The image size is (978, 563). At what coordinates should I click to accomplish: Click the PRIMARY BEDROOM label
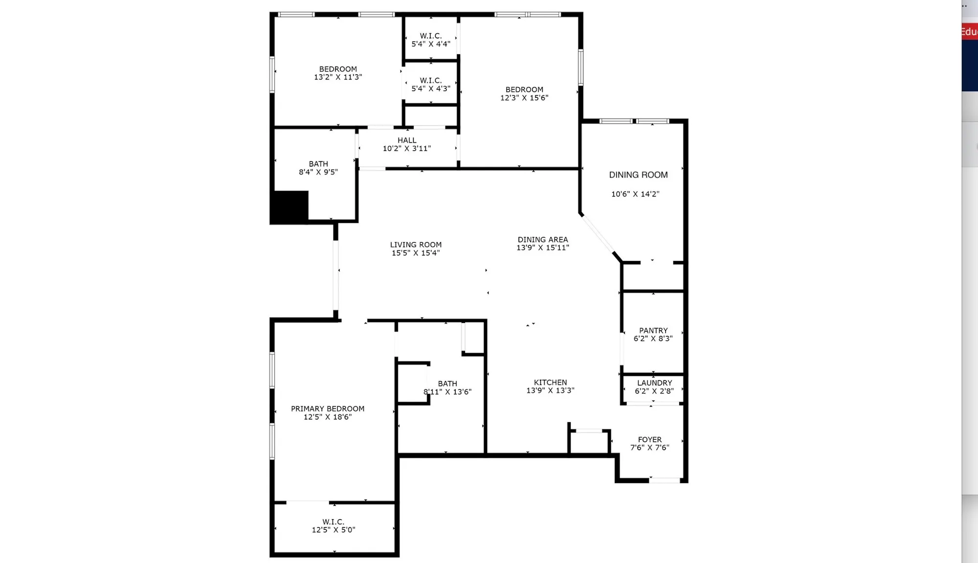click(328, 409)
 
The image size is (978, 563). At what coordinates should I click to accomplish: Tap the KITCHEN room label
click(550, 382)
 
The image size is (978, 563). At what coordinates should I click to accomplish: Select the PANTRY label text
click(653, 330)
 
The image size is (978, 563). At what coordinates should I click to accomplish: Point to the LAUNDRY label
click(654, 383)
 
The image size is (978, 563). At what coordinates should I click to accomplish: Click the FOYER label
click(649, 439)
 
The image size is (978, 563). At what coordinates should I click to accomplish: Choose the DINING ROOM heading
click(638, 175)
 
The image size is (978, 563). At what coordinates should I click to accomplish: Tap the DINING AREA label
click(543, 239)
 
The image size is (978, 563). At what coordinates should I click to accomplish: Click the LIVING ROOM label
click(416, 244)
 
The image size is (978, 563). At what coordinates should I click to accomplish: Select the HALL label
click(407, 140)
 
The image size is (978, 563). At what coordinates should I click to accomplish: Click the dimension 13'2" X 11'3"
click(338, 77)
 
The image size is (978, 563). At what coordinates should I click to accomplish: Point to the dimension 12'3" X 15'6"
click(524, 98)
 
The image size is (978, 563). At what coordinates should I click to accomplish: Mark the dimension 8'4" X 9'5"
click(318, 172)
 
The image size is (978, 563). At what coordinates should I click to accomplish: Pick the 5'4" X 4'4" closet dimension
click(431, 44)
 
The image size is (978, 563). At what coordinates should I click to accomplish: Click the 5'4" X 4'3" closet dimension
click(431, 88)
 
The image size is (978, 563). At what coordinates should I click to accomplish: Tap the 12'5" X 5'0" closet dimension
click(333, 530)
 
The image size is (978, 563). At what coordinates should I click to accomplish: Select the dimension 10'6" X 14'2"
click(635, 194)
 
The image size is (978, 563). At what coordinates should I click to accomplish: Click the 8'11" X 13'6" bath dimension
click(447, 392)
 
